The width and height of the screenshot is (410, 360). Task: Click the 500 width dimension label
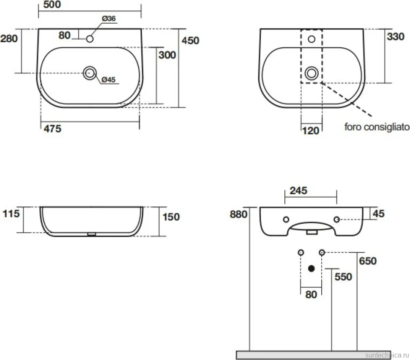click(x=52, y=5)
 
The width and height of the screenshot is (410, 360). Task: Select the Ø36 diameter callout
click(x=109, y=19)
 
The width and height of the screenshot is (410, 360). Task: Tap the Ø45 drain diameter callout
click(x=109, y=80)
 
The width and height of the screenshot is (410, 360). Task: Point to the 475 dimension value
click(x=52, y=129)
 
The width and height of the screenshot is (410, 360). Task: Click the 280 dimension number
click(x=9, y=39)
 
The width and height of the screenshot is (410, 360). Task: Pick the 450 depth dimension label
click(x=190, y=41)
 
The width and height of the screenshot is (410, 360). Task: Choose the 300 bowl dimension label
click(x=167, y=55)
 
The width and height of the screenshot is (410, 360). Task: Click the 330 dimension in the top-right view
click(x=396, y=37)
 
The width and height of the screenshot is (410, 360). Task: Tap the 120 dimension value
click(x=311, y=131)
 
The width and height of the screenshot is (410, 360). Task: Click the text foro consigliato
click(x=377, y=127)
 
